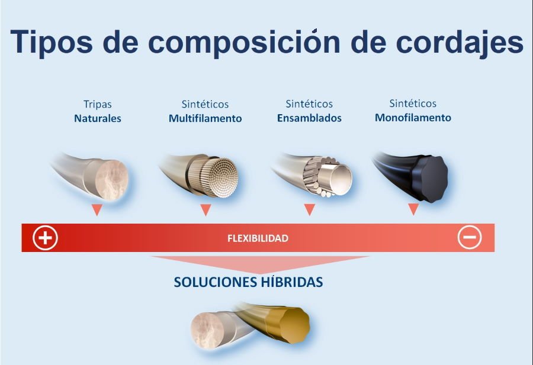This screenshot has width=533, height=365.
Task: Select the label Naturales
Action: coord(98,118)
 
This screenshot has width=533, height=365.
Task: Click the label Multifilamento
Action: coord(206,118)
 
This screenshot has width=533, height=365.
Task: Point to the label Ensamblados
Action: coord(309,118)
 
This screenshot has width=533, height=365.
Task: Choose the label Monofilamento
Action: coord(413,118)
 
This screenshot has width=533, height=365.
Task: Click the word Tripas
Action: coord(98,105)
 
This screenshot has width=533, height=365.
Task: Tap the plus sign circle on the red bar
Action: coord(46,238)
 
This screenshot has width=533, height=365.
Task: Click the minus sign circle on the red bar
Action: coord(470,238)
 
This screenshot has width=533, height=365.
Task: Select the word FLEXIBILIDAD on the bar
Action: coord(258,238)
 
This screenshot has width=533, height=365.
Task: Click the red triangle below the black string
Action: coord(413,209)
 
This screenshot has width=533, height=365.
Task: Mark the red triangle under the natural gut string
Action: coord(97,210)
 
